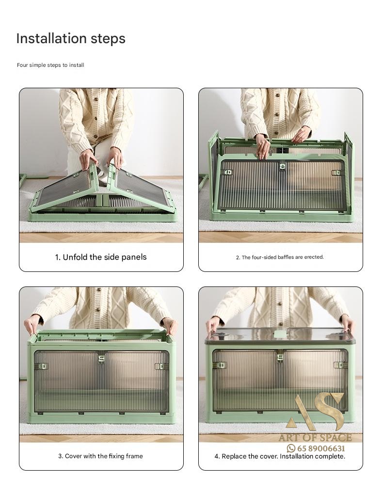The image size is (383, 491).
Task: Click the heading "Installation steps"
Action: click(x=71, y=38)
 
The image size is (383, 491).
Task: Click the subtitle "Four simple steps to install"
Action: click(x=50, y=65)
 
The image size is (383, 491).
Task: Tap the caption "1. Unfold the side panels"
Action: click(x=101, y=257)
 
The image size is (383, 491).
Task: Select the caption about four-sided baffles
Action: click(x=280, y=257)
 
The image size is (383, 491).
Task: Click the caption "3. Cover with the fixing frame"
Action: click(x=100, y=456)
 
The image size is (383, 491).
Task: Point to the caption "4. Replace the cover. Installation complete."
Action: click(x=280, y=456)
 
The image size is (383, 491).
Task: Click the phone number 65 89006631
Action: click(x=321, y=448)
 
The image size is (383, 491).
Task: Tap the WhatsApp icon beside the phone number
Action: click(x=291, y=448)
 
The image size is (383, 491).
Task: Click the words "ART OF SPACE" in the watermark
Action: click(x=315, y=438)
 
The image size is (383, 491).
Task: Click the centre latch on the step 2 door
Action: click(x=283, y=166)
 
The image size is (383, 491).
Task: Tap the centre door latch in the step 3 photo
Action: click(x=101, y=359)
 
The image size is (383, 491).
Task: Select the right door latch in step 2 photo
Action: click(x=335, y=173)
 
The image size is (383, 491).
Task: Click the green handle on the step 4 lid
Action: click(x=280, y=334)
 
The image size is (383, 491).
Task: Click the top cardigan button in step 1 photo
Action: click(x=96, y=99)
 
